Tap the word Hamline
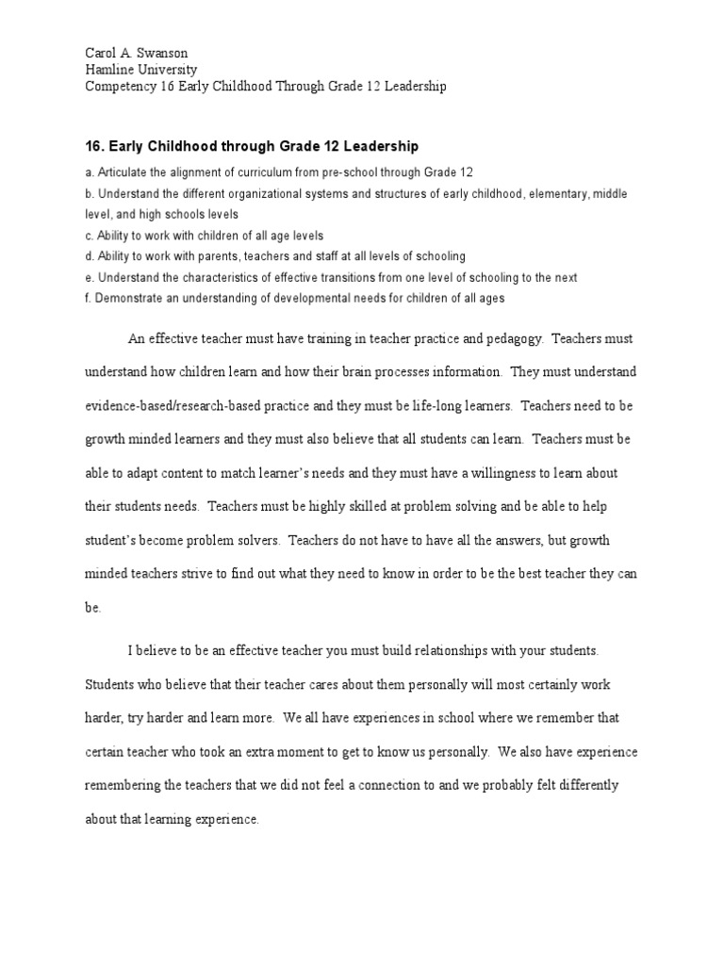click(109, 70)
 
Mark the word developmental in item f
click(304, 299)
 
